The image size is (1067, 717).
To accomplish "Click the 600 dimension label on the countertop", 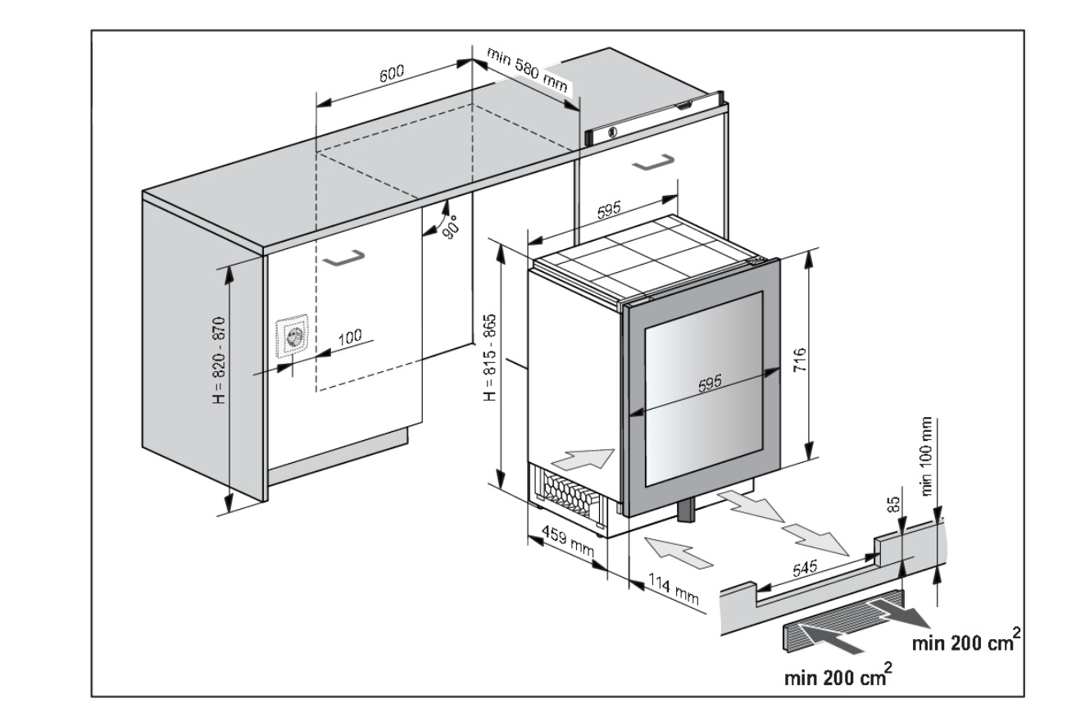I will (391, 75).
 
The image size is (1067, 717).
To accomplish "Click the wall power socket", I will (293, 337).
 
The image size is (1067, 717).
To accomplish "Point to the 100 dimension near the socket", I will (349, 336).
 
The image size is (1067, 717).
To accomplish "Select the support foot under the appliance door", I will (685, 509).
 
